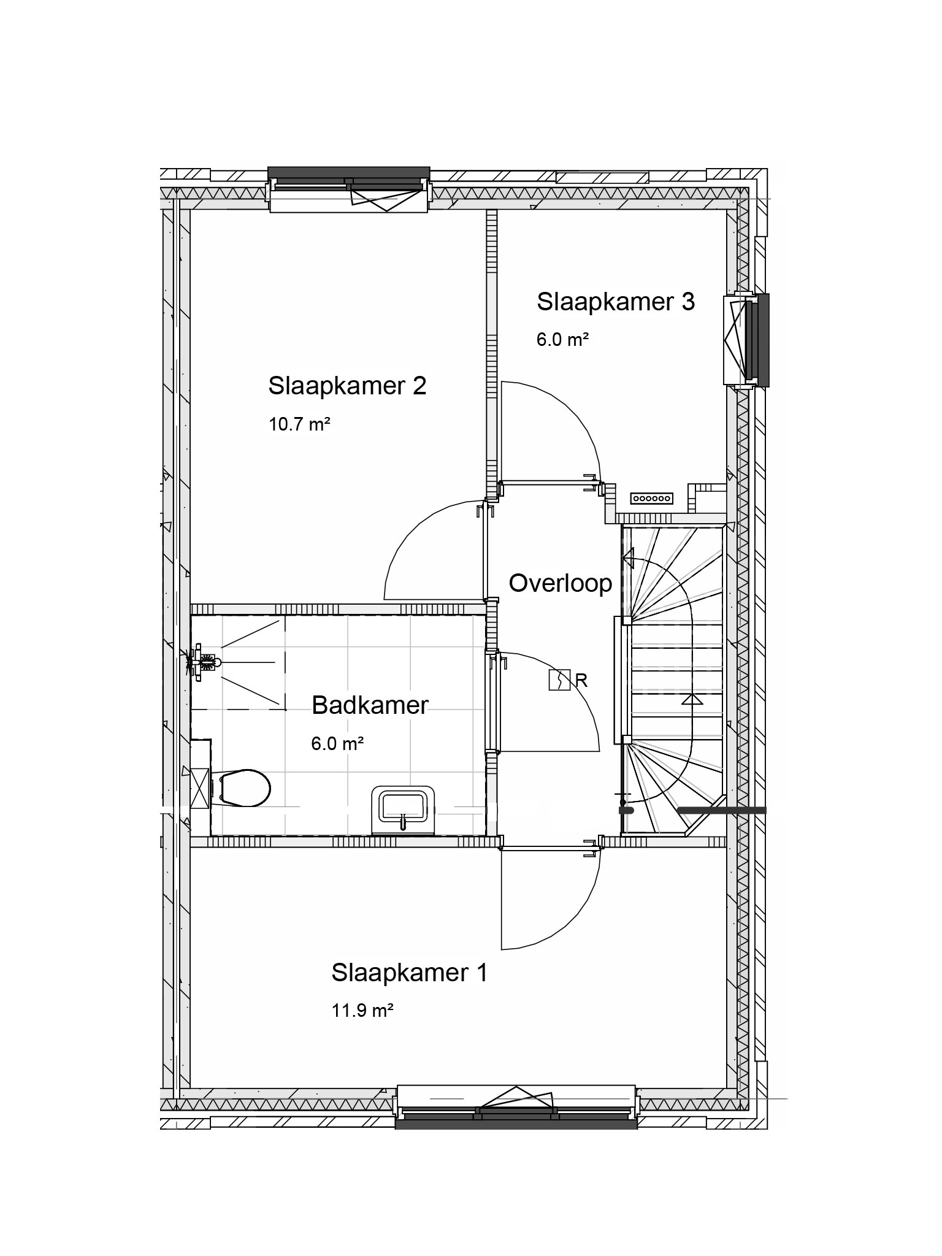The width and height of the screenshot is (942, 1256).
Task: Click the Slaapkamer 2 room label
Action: (347, 386)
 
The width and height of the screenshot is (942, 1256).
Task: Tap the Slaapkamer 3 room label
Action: (616, 302)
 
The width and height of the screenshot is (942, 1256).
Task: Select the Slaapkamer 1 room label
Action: (410, 973)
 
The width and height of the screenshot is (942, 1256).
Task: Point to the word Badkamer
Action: (370, 705)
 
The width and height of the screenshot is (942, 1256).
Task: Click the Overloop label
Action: (561, 583)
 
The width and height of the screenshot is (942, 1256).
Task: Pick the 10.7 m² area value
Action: (300, 424)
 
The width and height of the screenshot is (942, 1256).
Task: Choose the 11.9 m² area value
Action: (362, 1010)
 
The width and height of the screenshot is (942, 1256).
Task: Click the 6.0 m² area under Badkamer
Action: (338, 744)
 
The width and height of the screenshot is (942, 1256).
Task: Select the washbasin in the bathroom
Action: (403, 810)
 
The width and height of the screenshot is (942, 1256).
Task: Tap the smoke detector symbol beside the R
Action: (559, 680)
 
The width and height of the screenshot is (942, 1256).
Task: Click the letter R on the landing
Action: (581, 680)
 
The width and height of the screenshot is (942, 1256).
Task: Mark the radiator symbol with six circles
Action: (652, 499)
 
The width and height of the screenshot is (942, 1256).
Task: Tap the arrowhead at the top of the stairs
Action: (629, 559)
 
